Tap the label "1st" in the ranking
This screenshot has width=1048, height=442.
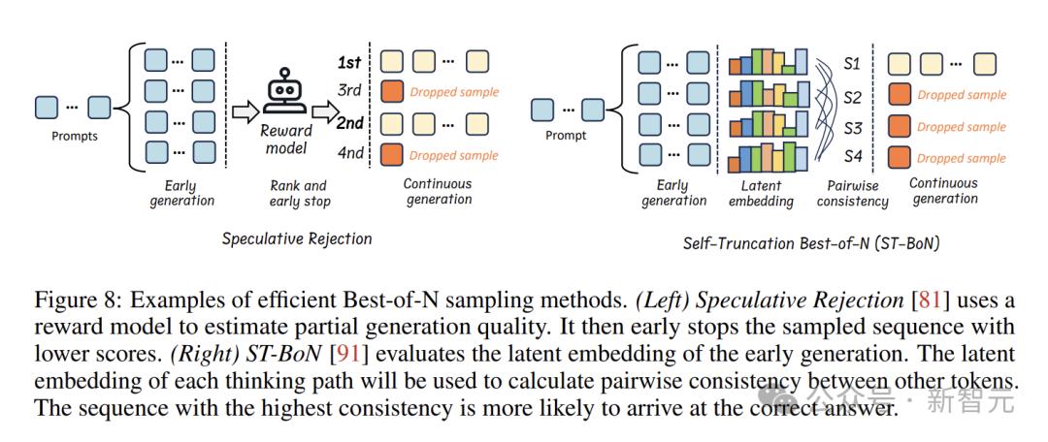click(x=349, y=62)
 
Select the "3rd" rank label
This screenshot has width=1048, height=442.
click(x=349, y=91)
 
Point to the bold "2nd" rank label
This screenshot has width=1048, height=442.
click(x=349, y=123)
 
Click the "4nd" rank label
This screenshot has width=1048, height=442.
click(x=350, y=153)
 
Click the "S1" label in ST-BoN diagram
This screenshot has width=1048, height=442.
click(x=852, y=65)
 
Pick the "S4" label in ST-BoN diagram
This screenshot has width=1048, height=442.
click(x=853, y=158)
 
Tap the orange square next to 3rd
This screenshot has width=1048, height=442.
click(x=392, y=91)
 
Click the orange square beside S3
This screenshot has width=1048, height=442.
click(x=899, y=126)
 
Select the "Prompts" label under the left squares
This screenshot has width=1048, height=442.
click(x=74, y=137)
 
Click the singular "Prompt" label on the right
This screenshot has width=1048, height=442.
click(x=566, y=136)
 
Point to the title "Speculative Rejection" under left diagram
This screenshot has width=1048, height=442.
click(x=297, y=238)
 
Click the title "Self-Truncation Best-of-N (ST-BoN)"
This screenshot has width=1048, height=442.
click(x=811, y=243)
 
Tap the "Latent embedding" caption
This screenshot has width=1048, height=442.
click(x=762, y=193)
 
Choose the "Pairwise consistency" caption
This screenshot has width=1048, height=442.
click(x=852, y=194)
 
